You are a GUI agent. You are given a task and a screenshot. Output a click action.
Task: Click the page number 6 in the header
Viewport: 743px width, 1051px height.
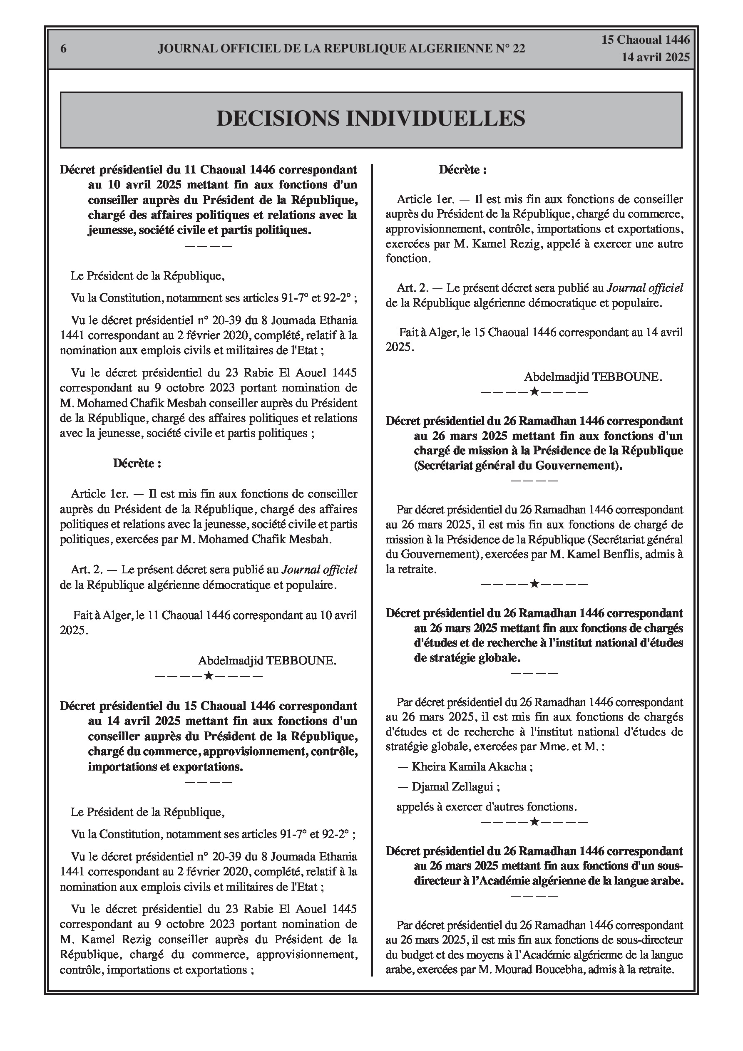click(x=64, y=49)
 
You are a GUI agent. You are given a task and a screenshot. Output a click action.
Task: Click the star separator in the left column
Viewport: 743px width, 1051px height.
click(x=209, y=676)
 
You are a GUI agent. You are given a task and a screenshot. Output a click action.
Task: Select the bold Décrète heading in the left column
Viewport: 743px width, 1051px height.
click(x=137, y=463)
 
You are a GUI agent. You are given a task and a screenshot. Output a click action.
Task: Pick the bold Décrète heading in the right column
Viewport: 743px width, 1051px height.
click(x=462, y=170)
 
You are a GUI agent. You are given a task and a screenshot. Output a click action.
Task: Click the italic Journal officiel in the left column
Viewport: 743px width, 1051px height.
click(x=319, y=570)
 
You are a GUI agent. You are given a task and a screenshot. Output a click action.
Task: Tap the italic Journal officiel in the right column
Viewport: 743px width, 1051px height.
click(x=644, y=288)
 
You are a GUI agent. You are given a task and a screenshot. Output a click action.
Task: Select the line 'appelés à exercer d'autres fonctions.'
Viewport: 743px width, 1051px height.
click(x=487, y=807)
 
